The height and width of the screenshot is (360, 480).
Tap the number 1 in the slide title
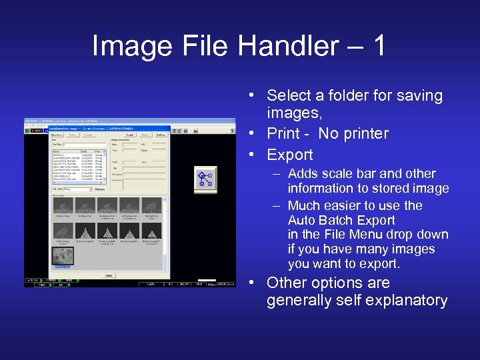(x=379, y=46)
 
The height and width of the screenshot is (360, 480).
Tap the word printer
(x=363, y=133)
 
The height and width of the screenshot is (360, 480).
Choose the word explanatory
(x=408, y=301)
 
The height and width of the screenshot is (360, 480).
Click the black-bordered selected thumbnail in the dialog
(x=63, y=257)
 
